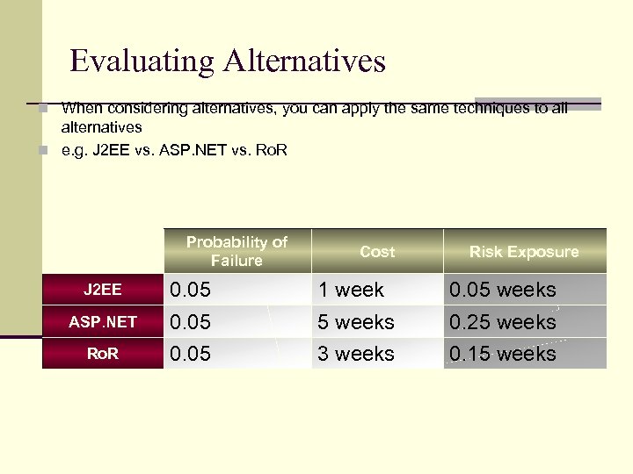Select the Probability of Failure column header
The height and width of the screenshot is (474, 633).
click(236, 251)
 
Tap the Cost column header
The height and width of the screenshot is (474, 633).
click(377, 252)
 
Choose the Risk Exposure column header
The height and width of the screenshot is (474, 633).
click(524, 252)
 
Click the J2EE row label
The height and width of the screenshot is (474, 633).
click(103, 289)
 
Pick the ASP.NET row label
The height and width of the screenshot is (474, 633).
click(103, 321)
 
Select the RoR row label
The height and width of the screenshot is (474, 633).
click(103, 354)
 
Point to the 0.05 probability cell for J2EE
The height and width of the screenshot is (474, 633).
click(191, 290)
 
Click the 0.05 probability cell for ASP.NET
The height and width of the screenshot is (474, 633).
click(191, 322)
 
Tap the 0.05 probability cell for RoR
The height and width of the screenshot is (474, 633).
click(191, 354)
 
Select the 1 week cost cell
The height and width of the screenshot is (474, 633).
click(351, 290)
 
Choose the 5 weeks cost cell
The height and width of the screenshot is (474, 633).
click(356, 322)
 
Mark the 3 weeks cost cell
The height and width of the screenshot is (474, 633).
click(356, 354)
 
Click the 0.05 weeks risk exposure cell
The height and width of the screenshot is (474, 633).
click(502, 290)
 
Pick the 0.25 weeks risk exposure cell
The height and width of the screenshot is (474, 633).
click(502, 322)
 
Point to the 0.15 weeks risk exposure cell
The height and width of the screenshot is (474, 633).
click(502, 354)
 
